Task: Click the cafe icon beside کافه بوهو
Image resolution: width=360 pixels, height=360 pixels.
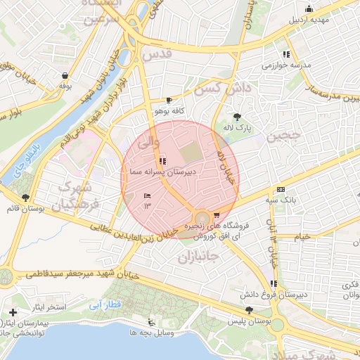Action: click(x=169, y=101)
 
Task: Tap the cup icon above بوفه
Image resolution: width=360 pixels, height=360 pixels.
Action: click(x=65, y=75)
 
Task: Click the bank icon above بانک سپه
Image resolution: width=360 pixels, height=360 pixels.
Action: click(x=281, y=189)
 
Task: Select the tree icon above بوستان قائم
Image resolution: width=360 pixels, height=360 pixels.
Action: click(x=26, y=198)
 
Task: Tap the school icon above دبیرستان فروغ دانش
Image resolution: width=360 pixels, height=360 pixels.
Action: click(x=274, y=283)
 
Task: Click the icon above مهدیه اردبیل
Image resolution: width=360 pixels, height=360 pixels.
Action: click(x=309, y=8)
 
